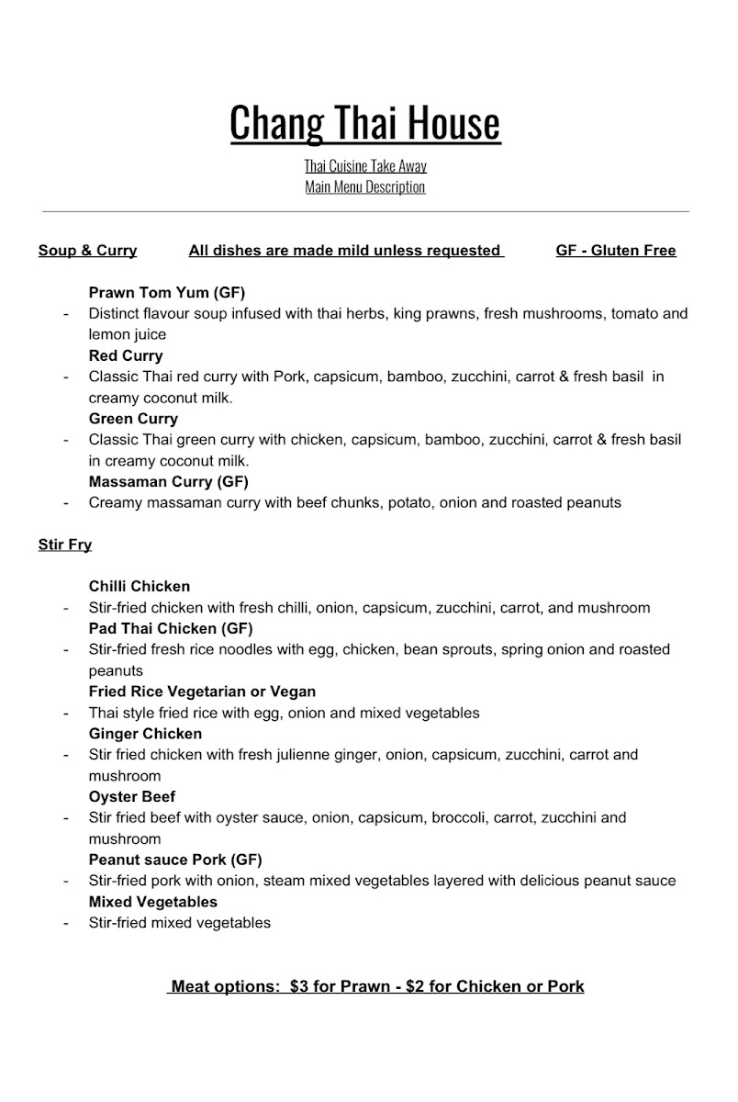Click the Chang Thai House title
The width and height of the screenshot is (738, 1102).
point(365,123)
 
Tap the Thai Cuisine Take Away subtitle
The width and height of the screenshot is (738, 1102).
point(365,166)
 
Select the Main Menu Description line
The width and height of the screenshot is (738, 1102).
point(365,187)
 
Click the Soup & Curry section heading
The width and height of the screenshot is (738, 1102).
point(87,251)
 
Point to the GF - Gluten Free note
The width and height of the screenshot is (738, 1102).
point(616,251)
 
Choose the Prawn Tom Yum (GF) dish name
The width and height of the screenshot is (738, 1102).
point(167,293)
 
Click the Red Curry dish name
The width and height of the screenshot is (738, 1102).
point(126,355)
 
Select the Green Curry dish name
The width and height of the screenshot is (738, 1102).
point(133,419)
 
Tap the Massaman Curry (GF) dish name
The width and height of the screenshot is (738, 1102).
point(169,481)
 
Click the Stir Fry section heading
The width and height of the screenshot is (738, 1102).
point(65,545)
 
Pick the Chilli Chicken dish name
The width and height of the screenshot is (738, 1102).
point(140,586)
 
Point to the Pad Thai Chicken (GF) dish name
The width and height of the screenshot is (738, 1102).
point(171,628)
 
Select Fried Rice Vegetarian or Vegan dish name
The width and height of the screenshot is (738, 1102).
point(202,692)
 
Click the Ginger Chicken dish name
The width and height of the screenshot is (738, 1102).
point(145,734)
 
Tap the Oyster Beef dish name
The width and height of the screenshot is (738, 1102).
point(132,796)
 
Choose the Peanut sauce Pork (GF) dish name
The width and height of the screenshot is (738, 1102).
point(175,860)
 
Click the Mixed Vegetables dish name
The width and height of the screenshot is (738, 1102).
point(153,902)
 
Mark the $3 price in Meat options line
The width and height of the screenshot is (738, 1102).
point(299,987)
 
